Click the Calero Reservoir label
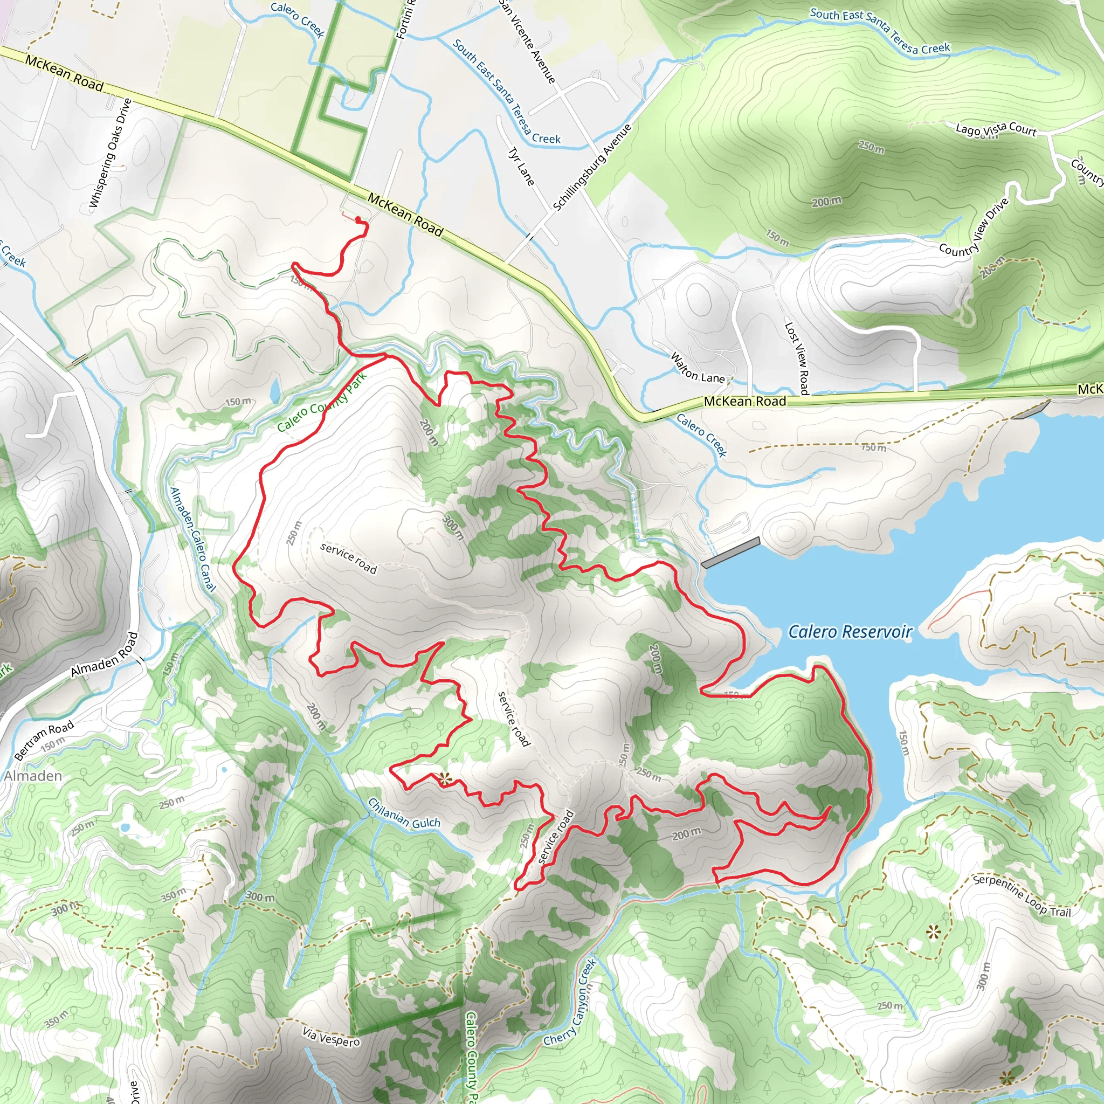click(x=850, y=631)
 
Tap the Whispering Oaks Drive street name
click(x=111, y=153)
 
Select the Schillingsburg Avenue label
click(x=592, y=167)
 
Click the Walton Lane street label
click(x=697, y=369)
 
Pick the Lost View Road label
click(x=797, y=358)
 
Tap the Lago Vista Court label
click(x=996, y=129)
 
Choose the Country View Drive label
click(x=974, y=227)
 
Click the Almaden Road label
click(x=105, y=655)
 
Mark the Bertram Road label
click(x=44, y=741)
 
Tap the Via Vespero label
click(x=332, y=1037)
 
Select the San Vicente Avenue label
click(x=527, y=41)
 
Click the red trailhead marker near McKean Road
click(x=358, y=219)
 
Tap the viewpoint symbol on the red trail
click(x=445, y=777)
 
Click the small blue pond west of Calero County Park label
click(x=275, y=390)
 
